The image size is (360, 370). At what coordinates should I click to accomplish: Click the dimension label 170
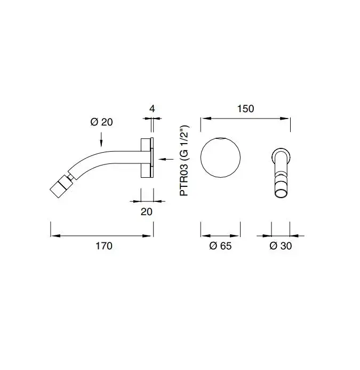103,246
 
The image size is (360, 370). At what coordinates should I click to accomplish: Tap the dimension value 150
245,109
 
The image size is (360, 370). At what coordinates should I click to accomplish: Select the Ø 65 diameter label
220,246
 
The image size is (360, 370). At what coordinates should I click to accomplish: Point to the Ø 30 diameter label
281,246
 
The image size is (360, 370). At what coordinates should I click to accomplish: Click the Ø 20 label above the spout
102,122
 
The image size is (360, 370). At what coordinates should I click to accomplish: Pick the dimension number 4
152,109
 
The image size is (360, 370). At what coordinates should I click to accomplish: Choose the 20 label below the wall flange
147,211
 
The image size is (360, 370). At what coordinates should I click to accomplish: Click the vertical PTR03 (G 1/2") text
184,161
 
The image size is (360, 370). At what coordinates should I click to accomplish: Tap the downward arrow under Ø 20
101,140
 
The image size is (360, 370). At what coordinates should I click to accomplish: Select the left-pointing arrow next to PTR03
166,159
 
